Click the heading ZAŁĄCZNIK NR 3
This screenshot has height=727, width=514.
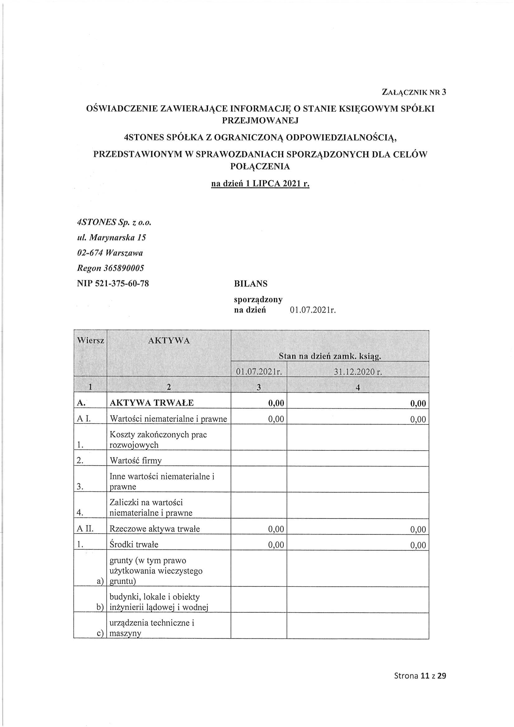point(414,92)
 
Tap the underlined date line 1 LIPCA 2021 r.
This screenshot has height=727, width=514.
point(260,184)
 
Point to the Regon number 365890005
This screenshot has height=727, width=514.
point(111,268)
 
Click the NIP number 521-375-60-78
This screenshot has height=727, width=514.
point(113,283)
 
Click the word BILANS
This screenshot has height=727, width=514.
point(251,284)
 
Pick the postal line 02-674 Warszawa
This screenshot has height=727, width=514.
point(110,253)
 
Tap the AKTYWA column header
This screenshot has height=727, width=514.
point(169,341)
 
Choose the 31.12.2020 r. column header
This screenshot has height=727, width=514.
point(358,372)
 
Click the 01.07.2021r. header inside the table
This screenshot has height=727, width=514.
point(259,372)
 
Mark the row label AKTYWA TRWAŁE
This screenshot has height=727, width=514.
point(152,403)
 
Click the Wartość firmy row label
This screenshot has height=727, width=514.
point(135,460)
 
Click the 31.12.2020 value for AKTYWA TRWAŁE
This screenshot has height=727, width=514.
point(418,404)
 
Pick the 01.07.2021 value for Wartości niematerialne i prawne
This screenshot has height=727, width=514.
point(276,419)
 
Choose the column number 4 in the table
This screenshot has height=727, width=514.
point(358,388)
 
